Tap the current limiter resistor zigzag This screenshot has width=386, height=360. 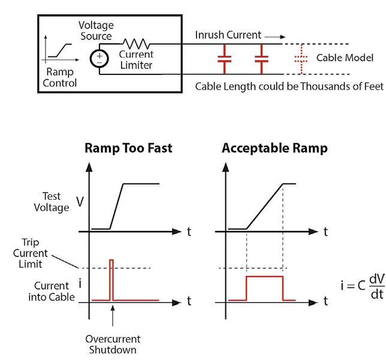135,43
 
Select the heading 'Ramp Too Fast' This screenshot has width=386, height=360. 128,148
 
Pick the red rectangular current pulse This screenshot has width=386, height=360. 264,287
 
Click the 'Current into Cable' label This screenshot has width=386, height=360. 51,290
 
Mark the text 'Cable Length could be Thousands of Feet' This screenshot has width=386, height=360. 288,86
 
